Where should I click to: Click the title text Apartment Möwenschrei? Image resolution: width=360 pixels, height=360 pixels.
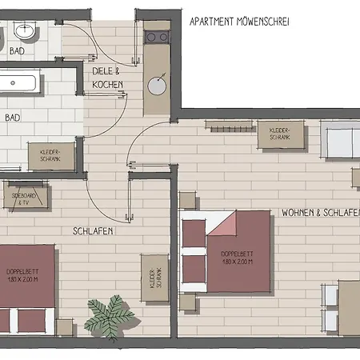(239, 22)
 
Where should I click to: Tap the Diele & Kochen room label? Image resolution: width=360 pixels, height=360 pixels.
(106, 78)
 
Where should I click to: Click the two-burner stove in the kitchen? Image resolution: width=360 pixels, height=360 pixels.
(157, 37)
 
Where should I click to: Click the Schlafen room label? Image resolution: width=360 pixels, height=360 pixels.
(92, 231)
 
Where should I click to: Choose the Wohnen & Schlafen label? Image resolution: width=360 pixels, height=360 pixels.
(318, 214)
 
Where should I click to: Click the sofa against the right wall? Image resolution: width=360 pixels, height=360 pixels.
(340, 143)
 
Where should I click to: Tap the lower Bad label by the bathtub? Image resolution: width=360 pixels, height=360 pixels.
(13, 117)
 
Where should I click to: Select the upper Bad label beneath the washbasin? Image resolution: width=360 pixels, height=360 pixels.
(17, 51)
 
